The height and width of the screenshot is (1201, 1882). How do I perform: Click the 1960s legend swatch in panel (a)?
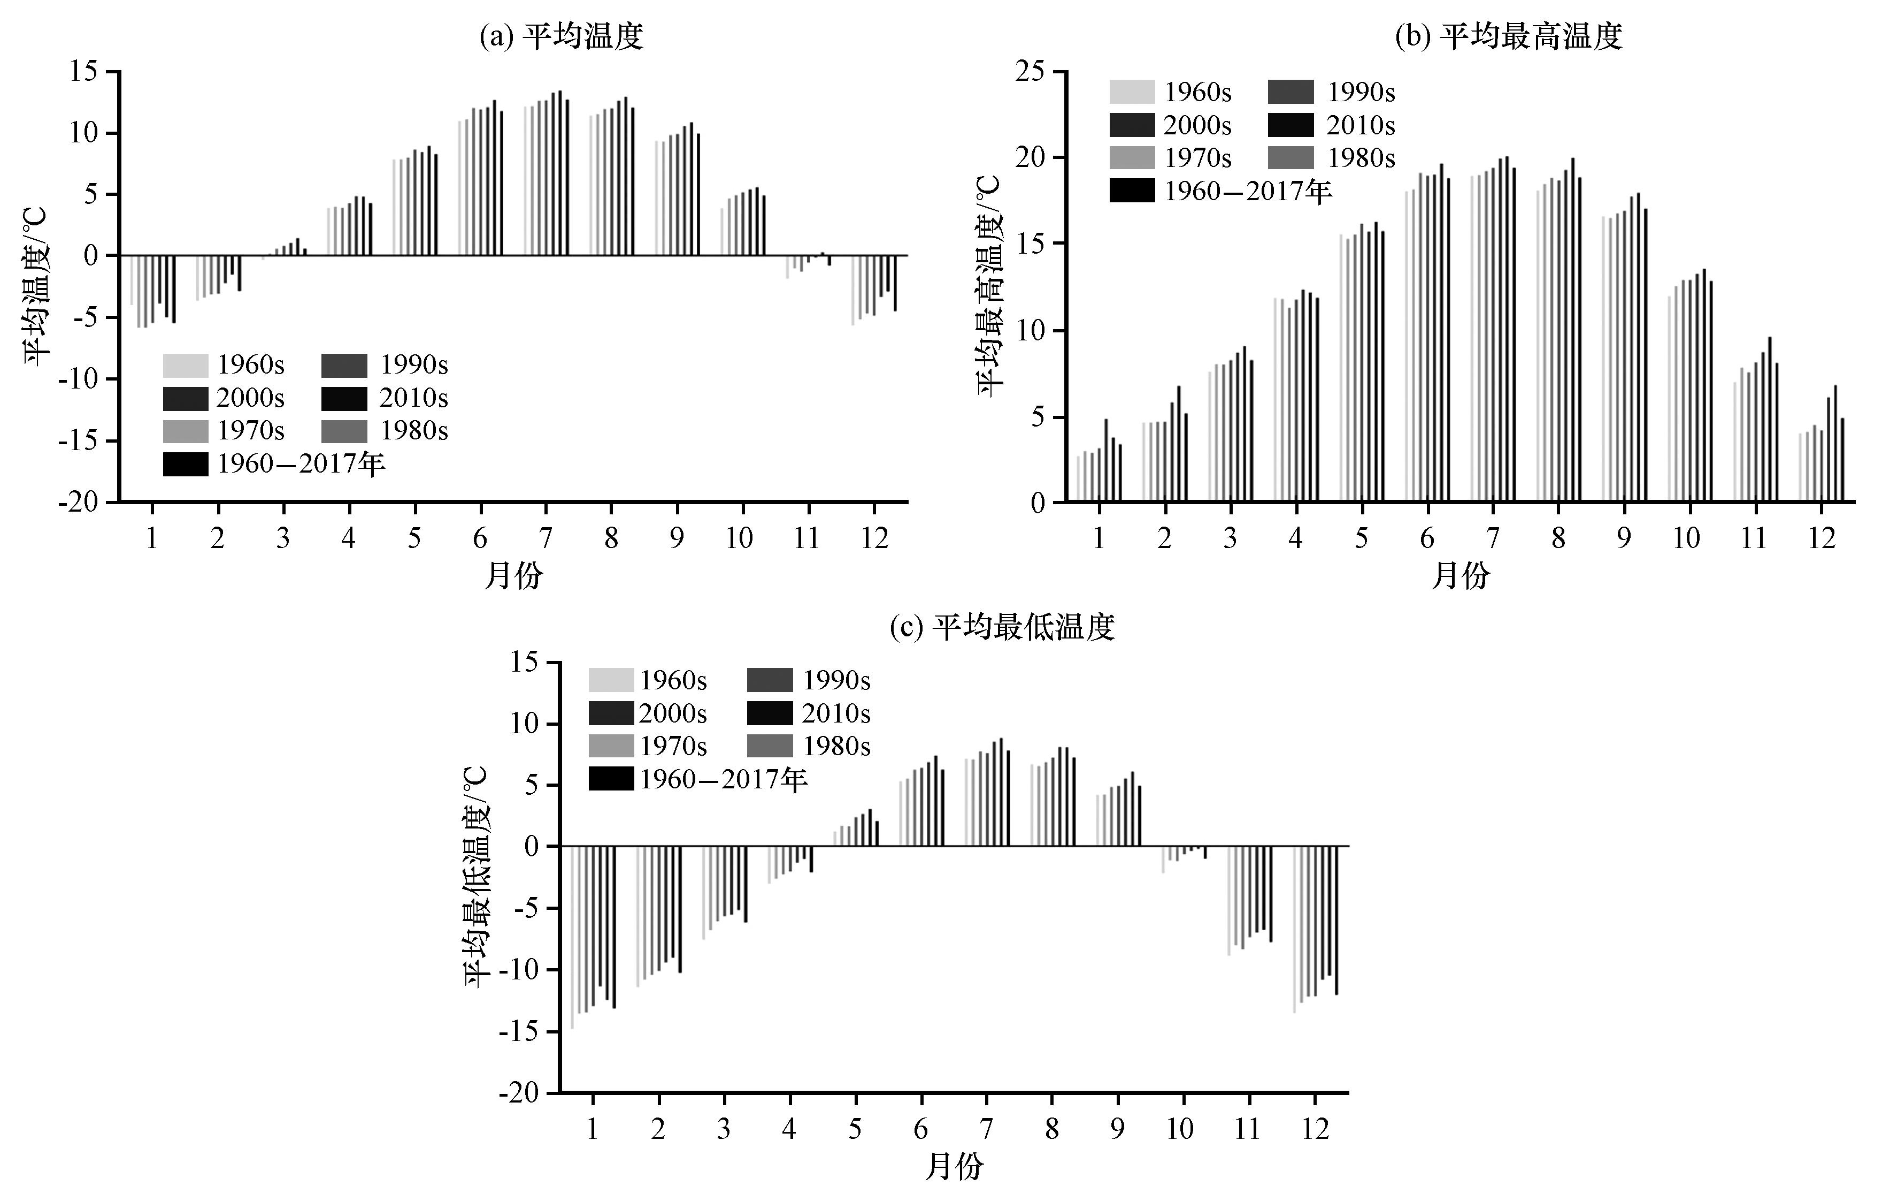(x=186, y=365)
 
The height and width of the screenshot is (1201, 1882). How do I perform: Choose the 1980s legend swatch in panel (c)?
(x=770, y=746)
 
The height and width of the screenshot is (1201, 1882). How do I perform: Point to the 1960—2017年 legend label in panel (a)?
(x=302, y=465)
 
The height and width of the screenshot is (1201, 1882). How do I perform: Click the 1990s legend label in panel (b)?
(x=1361, y=92)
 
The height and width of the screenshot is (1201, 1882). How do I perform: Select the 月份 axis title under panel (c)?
(x=954, y=1167)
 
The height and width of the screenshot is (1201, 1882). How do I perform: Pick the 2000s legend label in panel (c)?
(x=673, y=713)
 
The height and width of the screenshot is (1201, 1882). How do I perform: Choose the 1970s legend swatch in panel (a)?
(x=186, y=431)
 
